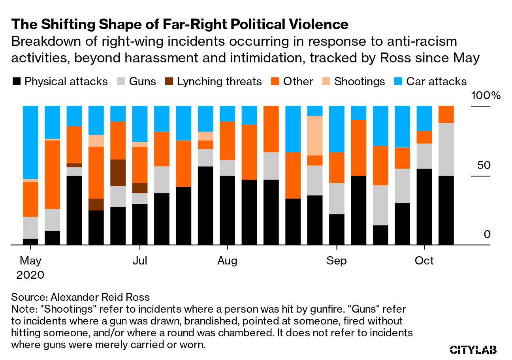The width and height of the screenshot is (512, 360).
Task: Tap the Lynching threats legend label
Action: [219, 82]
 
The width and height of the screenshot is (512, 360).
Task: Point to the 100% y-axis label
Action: [486, 96]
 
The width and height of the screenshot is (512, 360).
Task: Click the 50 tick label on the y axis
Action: [483, 165]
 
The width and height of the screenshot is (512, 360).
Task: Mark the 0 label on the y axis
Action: [487, 234]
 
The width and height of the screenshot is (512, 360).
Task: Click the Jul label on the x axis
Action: [139, 261]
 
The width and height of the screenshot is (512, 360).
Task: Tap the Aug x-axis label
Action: [227, 261]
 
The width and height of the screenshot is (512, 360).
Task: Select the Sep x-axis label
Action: [337, 261]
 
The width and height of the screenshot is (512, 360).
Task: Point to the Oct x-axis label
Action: [424, 261]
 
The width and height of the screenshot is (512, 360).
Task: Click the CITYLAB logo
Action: [473, 350]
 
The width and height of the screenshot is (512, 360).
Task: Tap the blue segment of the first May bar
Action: [30, 142]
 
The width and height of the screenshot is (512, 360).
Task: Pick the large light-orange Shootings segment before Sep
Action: [315, 135]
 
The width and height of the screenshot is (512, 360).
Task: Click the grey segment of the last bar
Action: [446, 149]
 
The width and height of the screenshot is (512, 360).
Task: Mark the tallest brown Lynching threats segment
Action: [118, 172]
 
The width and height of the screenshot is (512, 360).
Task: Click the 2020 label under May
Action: [30, 275]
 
